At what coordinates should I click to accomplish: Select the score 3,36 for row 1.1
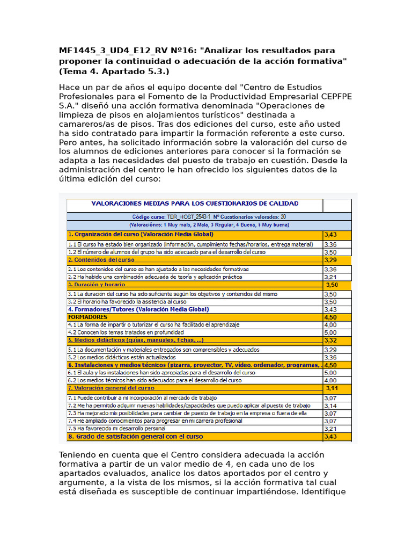pyautogui.click(x=331, y=244)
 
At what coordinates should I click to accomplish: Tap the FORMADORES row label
pyautogui.click(x=87, y=317)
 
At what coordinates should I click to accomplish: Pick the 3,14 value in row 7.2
pyautogui.click(x=331, y=406)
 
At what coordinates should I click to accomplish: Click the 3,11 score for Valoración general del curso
pyautogui.click(x=332, y=388)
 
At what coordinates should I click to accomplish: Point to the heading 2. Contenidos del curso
pyautogui.click(x=101, y=260)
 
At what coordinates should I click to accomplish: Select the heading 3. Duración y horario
pyautogui.click(x=96, y=285)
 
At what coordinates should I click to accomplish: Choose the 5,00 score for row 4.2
pyautogui.click(x=331, y=332)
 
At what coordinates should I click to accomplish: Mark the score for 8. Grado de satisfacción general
pyautogui.click(x=331, y=437)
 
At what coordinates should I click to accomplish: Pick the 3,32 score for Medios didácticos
pyautogui.click(x=331, y=340)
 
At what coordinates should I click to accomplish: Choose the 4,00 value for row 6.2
pyautogui.click(x=331, y=380)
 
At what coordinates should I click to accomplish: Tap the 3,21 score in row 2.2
pyautogui.click(x=331, y=277)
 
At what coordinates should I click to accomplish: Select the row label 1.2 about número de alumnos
pyautogui.click(x=166, y=252)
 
